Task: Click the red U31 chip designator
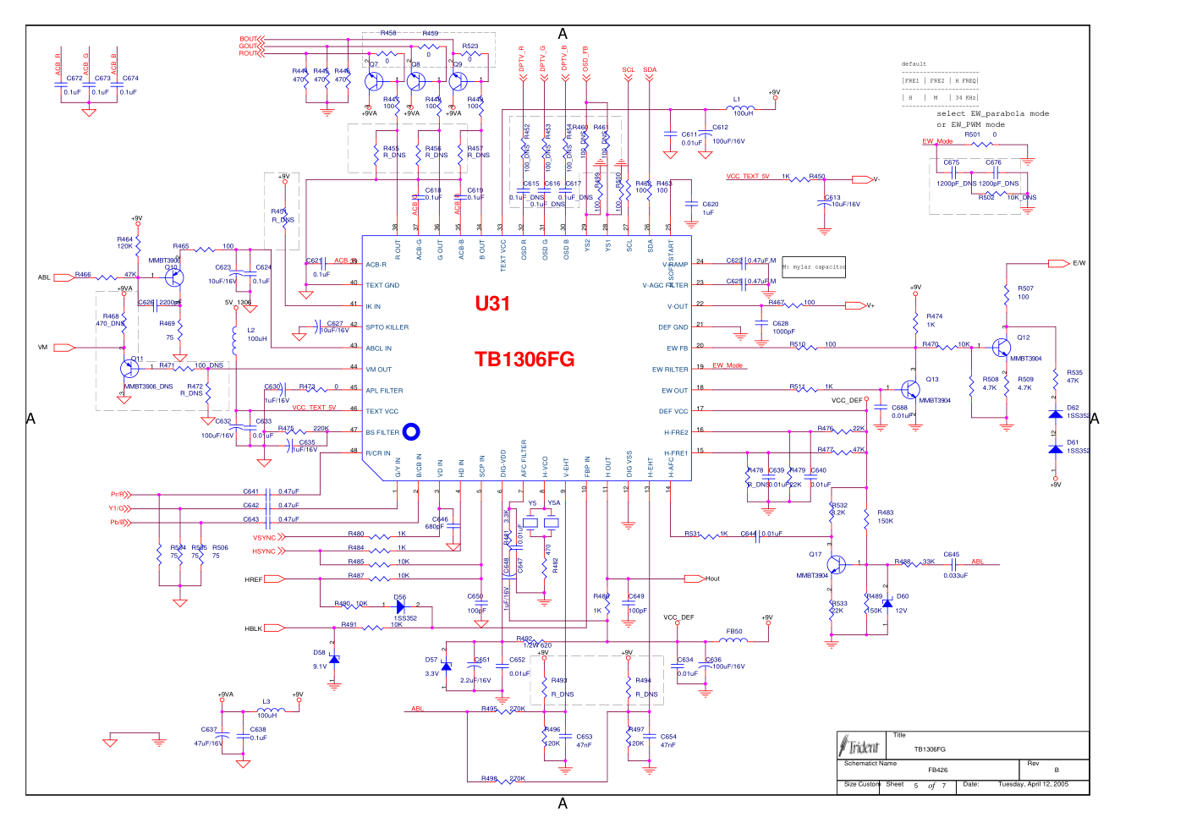(x=492, y=304)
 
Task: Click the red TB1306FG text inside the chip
(x=524, y=359)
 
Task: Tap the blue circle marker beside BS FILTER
(x=411, y=432)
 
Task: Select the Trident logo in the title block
(x=860, y=746)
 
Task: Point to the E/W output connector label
(x=1079, y=263)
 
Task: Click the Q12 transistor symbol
(x=1002, y=348)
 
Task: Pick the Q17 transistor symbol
(x=836, y=564)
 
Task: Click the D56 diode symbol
(x=401, y=606)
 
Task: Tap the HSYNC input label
(x=264, y=551)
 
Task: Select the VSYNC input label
(x=264, y=538)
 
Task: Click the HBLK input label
(x=253, y=628)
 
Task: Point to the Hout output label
(x=712, y=579)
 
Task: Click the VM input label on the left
(x=43, y=348)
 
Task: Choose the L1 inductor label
(x=736, y=100)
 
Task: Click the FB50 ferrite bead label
(x=734, y=632)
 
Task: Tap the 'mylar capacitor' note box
(x=813, y=267)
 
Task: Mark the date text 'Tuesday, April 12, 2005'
(x=1033, y=784)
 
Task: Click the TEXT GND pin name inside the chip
(x=382, y=285)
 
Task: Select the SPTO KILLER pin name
(x=387, y=327)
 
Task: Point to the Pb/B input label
(x=118, y=523)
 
